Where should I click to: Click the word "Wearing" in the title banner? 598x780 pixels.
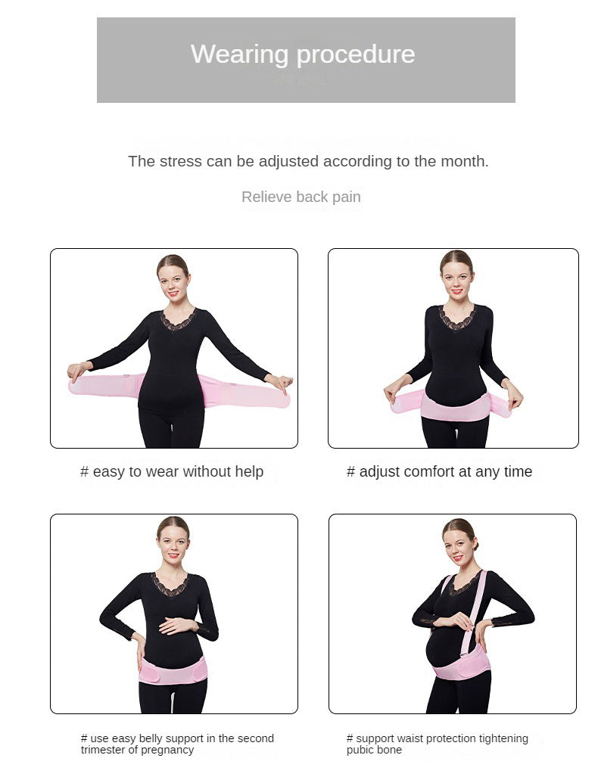(x=239, y=54)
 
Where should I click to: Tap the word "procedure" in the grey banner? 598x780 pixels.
(x=356, y=54)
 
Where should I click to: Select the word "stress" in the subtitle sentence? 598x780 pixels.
(x=181, y=161)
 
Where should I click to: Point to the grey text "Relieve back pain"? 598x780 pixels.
(x=301, y=197)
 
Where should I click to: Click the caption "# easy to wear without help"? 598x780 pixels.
(x=172, y=471)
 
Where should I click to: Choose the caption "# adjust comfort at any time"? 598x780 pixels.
(x=439, y=471)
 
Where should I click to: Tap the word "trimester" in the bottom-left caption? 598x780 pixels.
(x=102, y=750)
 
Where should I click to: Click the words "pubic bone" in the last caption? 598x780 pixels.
(x=374, y=750)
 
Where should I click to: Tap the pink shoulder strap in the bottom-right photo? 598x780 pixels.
(x=472, y=613)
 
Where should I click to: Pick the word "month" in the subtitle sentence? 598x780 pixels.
(x=466, y=161)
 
